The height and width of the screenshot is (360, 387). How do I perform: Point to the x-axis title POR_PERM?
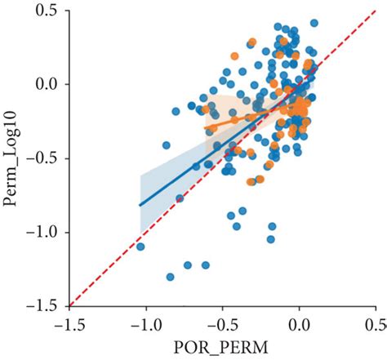223,347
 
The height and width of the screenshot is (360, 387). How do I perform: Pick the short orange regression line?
245,115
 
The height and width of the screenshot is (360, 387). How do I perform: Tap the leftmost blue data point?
140,247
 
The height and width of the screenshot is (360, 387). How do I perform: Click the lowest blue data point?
171,277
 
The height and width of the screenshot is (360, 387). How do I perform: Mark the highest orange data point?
235,56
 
